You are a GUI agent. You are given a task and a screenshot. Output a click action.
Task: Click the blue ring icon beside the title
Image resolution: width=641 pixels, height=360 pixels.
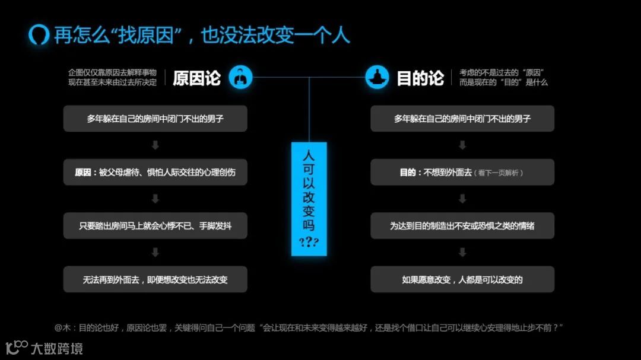point(39,34)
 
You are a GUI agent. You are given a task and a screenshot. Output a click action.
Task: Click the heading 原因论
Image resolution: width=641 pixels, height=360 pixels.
point(196,78)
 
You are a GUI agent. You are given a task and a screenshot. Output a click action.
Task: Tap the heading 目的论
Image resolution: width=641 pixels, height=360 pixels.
point(420,78)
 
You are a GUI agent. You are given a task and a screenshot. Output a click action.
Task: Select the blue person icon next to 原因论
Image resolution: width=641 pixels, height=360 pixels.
point(240,77)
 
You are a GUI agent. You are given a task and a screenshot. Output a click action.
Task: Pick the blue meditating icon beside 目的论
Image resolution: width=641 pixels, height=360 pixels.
point(377,77)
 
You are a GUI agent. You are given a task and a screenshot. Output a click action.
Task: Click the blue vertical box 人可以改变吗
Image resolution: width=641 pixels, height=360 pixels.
point(309,199)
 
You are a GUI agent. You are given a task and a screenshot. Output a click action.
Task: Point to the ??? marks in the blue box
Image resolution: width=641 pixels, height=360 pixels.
point(309,241)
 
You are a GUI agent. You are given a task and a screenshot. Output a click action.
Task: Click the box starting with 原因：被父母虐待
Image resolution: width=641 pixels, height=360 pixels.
point(155,172)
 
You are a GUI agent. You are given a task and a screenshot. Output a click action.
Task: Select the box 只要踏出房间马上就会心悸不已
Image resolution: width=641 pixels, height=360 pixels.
point(155,225)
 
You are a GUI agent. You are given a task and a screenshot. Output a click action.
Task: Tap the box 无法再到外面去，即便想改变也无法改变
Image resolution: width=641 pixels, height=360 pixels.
point(155,279)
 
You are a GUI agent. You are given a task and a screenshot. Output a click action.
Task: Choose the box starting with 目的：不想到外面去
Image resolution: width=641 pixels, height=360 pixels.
point(462,172)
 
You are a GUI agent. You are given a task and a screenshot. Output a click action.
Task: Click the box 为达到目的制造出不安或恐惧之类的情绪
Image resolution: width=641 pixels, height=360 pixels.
point(462,225)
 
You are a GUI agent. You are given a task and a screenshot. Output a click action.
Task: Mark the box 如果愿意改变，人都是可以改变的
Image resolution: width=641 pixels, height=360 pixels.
point(462,279)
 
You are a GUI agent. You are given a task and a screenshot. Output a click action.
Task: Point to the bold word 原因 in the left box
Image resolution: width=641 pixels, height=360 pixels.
point(84,173)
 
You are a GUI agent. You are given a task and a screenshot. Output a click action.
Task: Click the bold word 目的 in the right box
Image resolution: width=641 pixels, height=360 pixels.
point(408,173)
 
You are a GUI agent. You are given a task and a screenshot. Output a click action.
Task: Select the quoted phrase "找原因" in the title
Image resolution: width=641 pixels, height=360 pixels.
point(143,35)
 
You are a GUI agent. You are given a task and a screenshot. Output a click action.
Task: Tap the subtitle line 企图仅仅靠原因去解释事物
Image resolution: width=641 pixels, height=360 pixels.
point(113,72)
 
